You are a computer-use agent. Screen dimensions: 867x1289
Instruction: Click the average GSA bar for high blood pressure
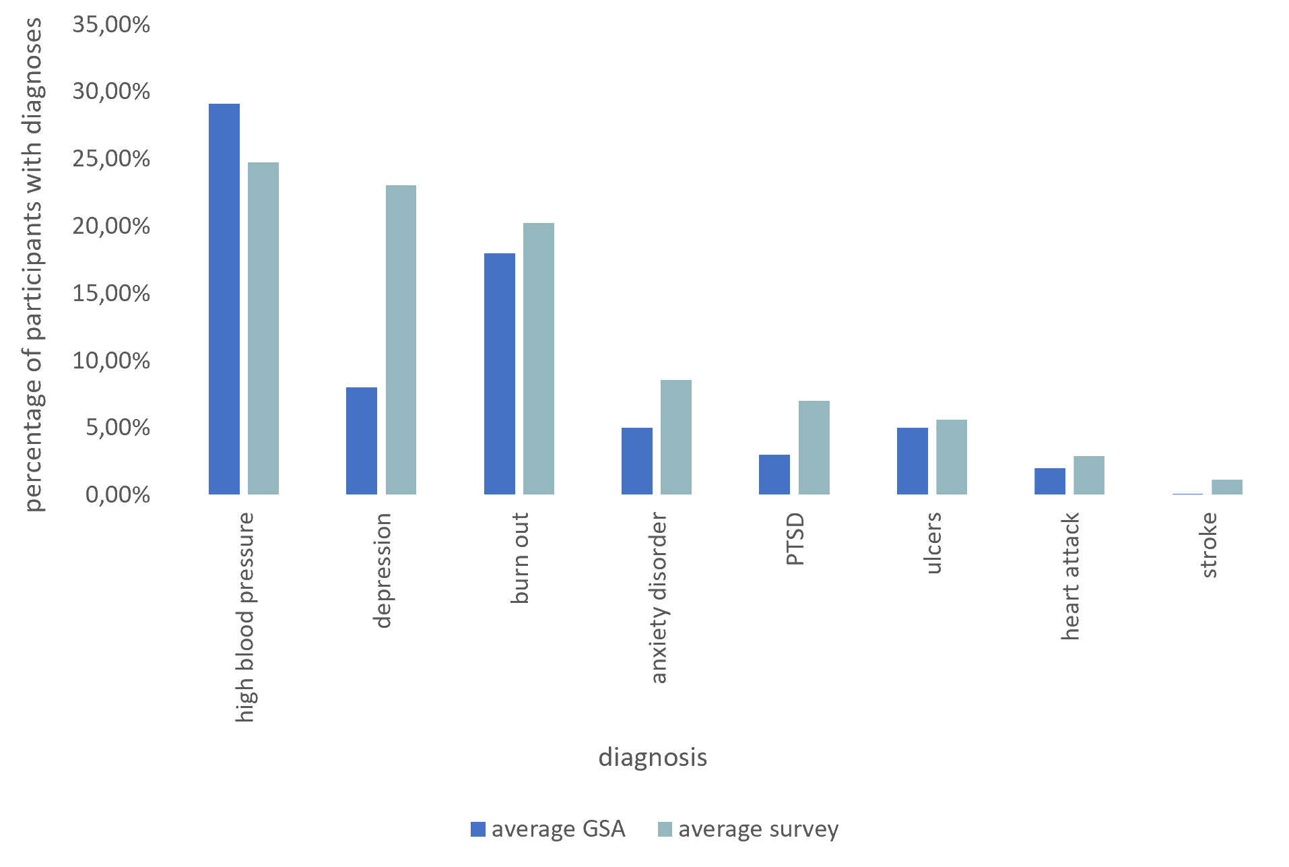pyautogui.click(x=224, y=299)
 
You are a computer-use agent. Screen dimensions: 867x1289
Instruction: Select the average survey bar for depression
pyautogui.click(x=401, y=340)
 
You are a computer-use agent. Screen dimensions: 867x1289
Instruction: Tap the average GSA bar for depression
pyautogui.click(x=362, y=441)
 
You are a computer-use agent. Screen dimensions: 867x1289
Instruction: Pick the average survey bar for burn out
pyautogui.click(x=539, y=358)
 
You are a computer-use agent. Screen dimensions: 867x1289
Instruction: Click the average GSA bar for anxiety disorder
pyautogui.click(x=637, y=461)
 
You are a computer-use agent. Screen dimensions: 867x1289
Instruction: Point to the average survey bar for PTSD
pyautogui.click(x=814, y=447)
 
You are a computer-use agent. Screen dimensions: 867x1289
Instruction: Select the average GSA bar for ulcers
pyautogui.click(x=913, y=461)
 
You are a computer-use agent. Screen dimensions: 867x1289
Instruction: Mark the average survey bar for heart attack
pyautogui.click(x=1089, y=475)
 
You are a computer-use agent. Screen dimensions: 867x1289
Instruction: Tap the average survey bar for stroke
pyautogui.click(x=1227, y=486)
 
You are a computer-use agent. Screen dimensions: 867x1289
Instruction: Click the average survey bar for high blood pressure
pyautogui.click(x=263, y=328)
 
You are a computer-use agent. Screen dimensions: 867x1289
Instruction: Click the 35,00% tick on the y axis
pyautogui.click(x=111, y=25)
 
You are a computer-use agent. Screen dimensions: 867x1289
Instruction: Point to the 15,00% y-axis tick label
pyautogui.click(x=111, y=294)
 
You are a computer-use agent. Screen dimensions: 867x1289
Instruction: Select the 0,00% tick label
pyautogui.click(x=117, y=495)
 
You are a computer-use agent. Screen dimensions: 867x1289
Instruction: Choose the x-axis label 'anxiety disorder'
pyautogui.click(x=659, y=598)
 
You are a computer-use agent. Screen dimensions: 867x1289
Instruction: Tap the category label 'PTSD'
pyautogui.click(x=795, y=539)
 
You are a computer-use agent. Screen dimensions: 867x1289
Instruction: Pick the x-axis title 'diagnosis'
pyautogui.click(x=653, y=758)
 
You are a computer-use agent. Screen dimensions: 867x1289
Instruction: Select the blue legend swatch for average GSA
pyautogui.click(x=478, y=829)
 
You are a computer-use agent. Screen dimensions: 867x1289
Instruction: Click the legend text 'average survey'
pyautogui.click(x=758, y=829)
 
